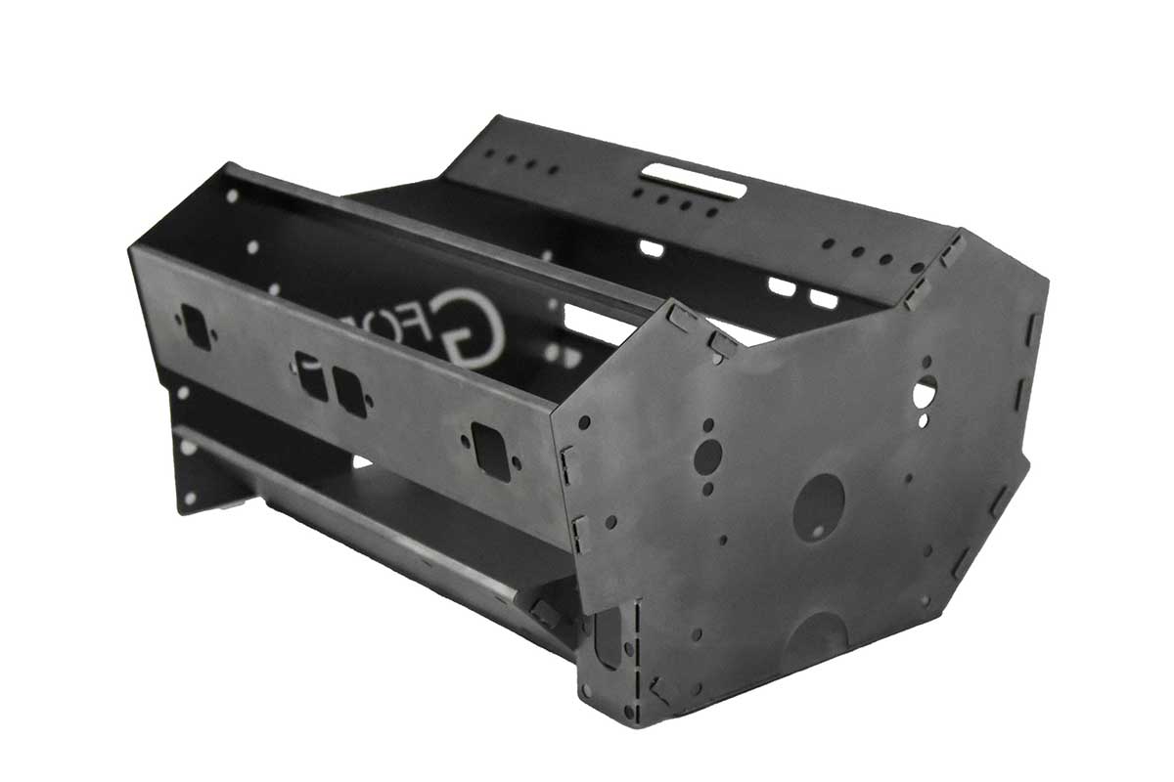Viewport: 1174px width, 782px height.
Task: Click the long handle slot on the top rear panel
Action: click(x=693, y=180)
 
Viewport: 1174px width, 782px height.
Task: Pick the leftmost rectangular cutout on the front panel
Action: click(x=196, y=326)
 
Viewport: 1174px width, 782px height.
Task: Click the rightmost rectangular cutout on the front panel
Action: click(x=490, y=451)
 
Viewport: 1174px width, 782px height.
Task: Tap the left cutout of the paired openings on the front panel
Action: click(x=312, y=376)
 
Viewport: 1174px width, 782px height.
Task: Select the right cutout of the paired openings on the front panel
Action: click(x=349, y=393)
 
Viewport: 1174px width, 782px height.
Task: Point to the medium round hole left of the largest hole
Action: click(x=707, y=455)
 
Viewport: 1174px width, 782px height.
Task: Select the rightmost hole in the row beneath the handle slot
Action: click(x=711, y=210)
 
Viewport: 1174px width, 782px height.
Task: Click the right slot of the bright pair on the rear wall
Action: click(x=824, y=298)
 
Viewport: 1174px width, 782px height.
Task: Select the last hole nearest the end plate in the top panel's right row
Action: click(x=917, y=267)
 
